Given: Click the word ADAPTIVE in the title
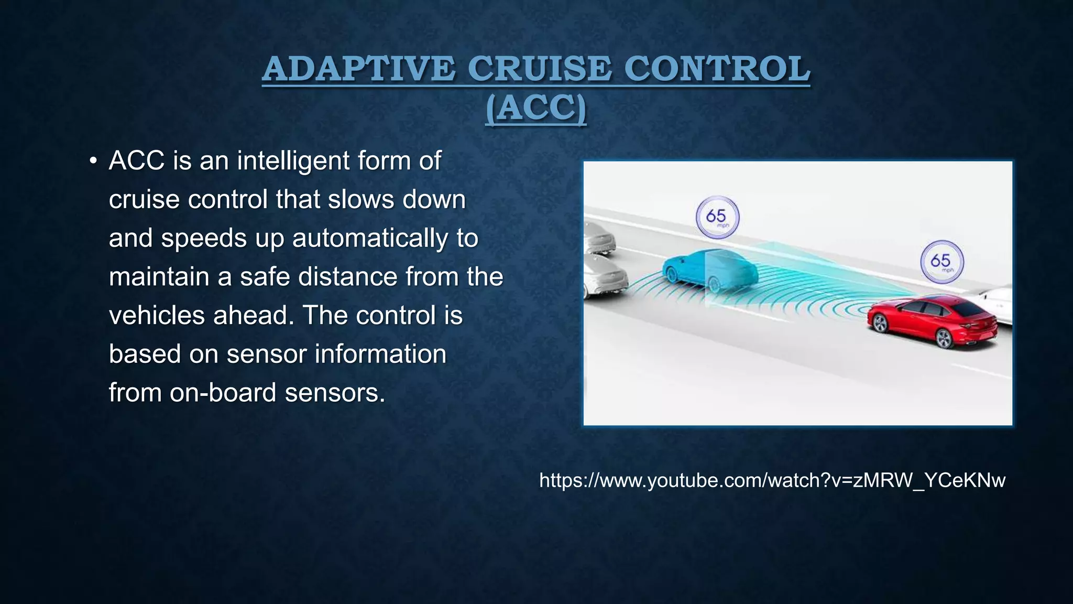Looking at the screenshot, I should click(x=358, y=69).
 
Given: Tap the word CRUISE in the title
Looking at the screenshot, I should click(x=539, y=69).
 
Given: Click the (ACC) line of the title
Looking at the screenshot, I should click(x=535, y=109).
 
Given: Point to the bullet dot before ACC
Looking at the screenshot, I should click(x=93, y=161).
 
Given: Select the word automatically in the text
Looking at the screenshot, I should click(x=370, y=238).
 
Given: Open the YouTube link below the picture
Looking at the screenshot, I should click(x=772, y=480).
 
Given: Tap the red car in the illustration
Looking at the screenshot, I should click(x=933, y=318).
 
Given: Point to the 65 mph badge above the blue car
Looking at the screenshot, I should click(x=717, y=217).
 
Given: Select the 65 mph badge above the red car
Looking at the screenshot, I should click(x=941, y=262).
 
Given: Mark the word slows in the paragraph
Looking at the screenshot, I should click(x=361, y=200).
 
